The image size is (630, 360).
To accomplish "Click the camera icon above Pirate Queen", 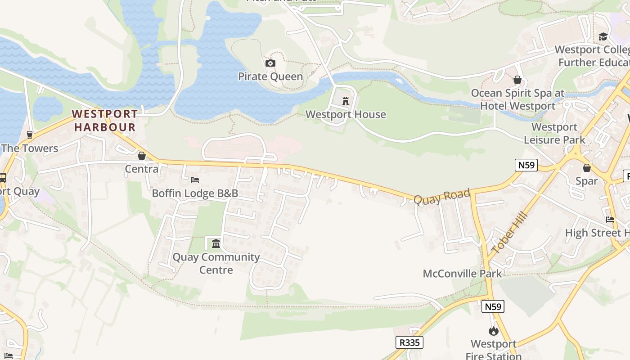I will click(270, 63).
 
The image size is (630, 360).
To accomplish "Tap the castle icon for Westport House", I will click(346, 101).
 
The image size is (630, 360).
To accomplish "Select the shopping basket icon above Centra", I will click(142, 156).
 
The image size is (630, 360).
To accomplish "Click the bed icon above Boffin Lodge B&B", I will click(195, 180).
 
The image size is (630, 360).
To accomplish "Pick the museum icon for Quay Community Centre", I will click(216, 243).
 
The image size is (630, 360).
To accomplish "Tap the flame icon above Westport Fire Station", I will click(494, 331).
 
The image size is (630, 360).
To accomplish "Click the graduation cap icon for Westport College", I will click(603, 36).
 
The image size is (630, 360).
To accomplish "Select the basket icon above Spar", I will click(587, 168).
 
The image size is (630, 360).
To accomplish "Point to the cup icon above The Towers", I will click(30, 135).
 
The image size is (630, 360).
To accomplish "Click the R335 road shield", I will click(409, 342).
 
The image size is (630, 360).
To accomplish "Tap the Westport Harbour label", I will click(105, 121).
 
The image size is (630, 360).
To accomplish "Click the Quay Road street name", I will click(442, 197).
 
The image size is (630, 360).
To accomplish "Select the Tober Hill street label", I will click(509, 233).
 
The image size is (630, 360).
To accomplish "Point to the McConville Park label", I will click(462, 274).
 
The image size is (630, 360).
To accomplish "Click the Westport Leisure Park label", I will click(554, 133).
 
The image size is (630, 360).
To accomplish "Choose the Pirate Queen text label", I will click(270, 76).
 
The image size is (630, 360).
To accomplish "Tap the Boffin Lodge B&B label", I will click(195, 193).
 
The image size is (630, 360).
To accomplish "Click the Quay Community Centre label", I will click(216, 263).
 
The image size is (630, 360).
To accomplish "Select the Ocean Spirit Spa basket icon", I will click(517, 80).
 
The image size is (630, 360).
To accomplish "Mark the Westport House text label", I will click(346, 114).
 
